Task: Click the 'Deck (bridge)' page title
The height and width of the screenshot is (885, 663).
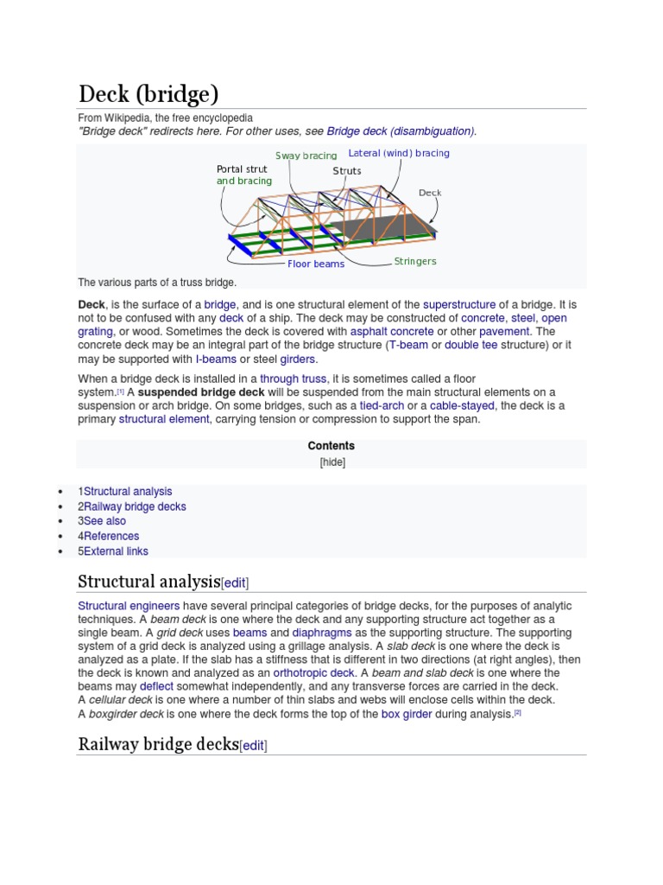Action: pos(148,93)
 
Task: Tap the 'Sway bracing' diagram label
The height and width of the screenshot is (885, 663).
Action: pos(306,156)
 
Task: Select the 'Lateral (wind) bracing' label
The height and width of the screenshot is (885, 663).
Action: pos(399,153)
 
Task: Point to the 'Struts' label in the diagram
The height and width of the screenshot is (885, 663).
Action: pos(347,171)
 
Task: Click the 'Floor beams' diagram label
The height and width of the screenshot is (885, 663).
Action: pos(316,264)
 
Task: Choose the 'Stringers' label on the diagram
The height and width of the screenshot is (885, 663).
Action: pos(415,261)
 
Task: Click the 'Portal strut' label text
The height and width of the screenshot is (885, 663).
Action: pos(242,169)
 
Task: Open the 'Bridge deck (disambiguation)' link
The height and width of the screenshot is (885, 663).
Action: pos(401,131)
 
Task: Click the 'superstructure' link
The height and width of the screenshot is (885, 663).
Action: pos(459,304)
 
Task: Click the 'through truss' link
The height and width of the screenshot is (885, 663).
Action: pos(293,379)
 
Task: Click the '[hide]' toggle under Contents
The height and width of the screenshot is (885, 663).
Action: pos(331,462)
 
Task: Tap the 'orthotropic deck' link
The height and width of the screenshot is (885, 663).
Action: pos(313,672)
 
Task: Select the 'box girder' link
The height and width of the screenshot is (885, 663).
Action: pos(407,714)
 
